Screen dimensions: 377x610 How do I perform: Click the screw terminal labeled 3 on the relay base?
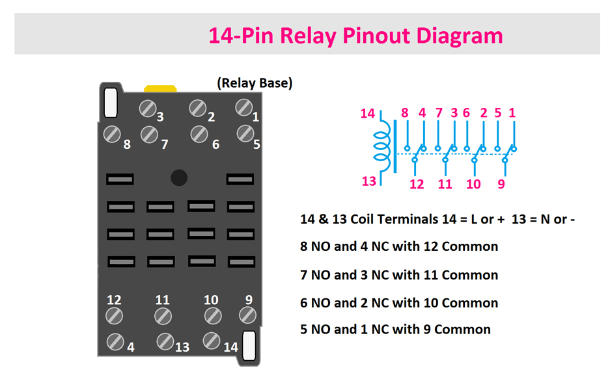pyautogui.click(x=148, y=109)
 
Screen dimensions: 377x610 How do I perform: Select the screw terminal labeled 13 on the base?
pyautogui.click(x=165, y=341)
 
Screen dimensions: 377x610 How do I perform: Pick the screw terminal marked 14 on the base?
pyautogui.click(x=211, y=341)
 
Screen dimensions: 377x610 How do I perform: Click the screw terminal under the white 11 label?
pyautogui.click(x=163, y=316)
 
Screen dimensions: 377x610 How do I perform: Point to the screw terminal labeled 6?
pyautogui.click(x=200, y=134)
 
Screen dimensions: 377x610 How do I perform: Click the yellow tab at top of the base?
pyautogui.click(x=160, y=88)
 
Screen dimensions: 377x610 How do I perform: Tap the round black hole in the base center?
pyautogui.click(x=178, y=177)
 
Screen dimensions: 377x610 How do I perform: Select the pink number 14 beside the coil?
pyautogui.click(x=368, y=114)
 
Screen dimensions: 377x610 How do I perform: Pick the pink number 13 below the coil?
pyautogui.click(x=369, y=181)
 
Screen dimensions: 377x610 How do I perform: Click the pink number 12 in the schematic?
pyautogui.click(x=417, y=184)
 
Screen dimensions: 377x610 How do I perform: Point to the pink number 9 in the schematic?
pyautogui.click(x=501, y=184)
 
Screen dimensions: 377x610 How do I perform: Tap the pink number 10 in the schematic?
pyautogui.click(x=473, y=184)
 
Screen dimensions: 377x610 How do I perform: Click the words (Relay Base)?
pyautogui.click(x=255, y=83)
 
